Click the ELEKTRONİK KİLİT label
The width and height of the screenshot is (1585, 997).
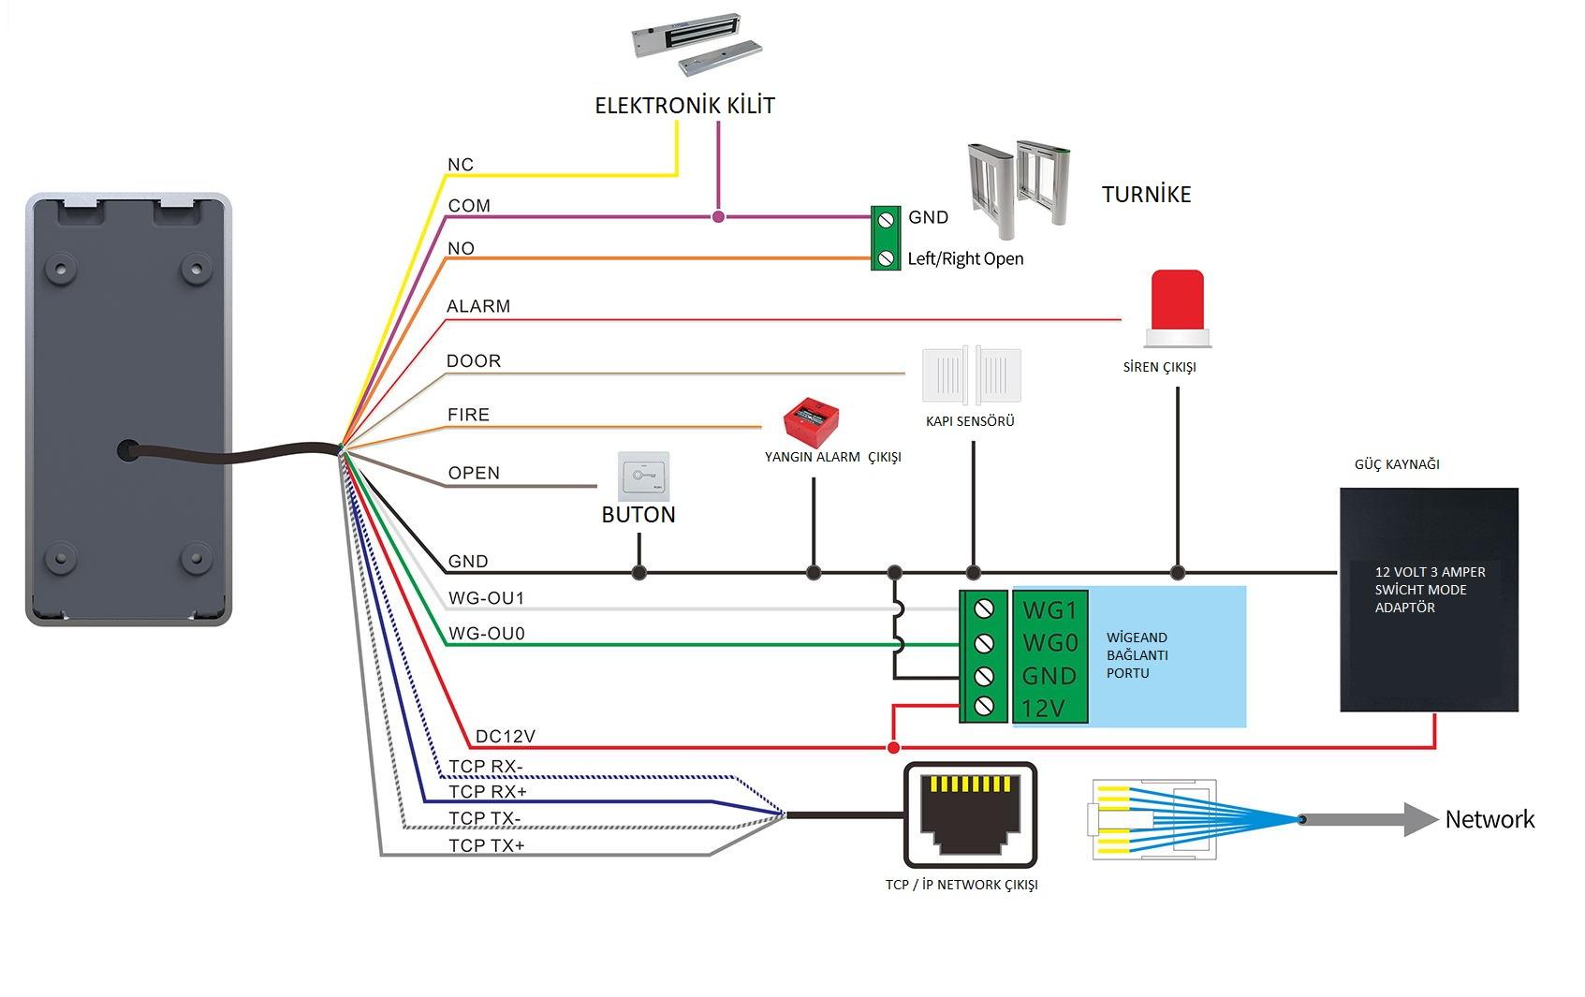(x=684, y=106)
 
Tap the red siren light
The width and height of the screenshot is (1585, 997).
(x=1178, y=302)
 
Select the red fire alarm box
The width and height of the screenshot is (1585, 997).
(x=811, y=420)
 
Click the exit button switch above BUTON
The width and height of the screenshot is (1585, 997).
(x=643, y=477)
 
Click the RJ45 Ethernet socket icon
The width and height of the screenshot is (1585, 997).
(x=970, y=815)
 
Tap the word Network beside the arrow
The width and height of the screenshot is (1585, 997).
(x=1490, y=820)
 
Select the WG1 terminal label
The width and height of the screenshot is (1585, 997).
(x=1049, y=610)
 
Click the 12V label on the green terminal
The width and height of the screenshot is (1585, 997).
(x=1043, y=709)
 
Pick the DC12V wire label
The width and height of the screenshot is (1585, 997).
(x=505, y=737)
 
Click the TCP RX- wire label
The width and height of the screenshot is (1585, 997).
(x=485, y=767)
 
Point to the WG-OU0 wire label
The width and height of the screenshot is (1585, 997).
(x=486, y=634)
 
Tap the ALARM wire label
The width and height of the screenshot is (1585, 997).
(x=478, y=306)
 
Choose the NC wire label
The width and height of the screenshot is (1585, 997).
(x=461, y=165)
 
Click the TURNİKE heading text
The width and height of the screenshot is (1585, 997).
(x=1146, y=195)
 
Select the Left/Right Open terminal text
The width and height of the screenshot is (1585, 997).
(x=965, y=259)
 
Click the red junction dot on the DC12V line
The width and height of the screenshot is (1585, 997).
(x=893, y=748)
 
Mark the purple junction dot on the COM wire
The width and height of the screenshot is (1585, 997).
(x=718, y=217)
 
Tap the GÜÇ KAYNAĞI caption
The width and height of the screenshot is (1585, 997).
(x=1397, y=464)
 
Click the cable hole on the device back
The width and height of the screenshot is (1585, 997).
(x=127, y=450)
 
